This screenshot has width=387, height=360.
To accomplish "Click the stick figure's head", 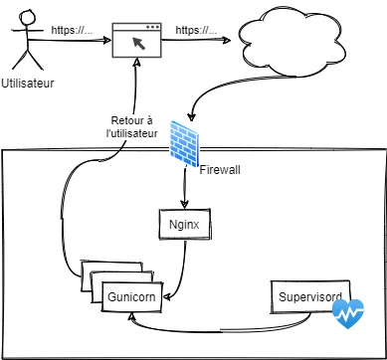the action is pyautogui.click(x=27, y=19).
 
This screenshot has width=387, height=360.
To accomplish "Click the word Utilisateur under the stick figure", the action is pyautogui.click(x=28, y=84).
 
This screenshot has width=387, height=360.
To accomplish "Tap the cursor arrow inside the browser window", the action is pyautogui.click(x=139, y=44).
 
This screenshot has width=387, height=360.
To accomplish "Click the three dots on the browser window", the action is pyautogui.click(x=152, y=27).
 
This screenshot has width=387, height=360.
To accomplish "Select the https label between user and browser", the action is pyautogui.click(x=72, y=31).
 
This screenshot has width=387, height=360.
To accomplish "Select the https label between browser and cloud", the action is pyautogui.click(x=196, y=31).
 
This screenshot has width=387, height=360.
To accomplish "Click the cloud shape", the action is pyautogui.click(x=292, y=42).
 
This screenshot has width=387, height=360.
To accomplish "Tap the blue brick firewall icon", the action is pyautogui.click(x=184, y=143).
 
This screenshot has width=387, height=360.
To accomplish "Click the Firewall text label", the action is pyautogui.click(x=220, y=170).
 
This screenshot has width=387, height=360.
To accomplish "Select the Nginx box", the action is pyautogui.click(x=185, y=225).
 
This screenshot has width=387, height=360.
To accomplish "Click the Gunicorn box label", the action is pyautogui.click(x=131, y=296).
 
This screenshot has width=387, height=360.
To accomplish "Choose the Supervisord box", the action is pyautogui.click(x=310, y=297).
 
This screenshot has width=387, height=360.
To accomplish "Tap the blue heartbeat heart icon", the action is pyautogui.click(x=348, y=313).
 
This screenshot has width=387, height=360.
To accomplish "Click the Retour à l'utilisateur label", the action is pyautogui.click(x=131, y=127).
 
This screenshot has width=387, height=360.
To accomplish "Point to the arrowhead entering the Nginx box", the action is pyautogui.click(x=184, y=204).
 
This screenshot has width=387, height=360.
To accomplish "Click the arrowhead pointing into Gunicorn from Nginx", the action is pyautogui.click(x=167, y=297).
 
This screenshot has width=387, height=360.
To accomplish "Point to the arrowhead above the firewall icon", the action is pyautogui.click(x=191, y=117).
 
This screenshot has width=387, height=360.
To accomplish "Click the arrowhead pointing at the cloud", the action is pyautogui.click(x=227, y=40).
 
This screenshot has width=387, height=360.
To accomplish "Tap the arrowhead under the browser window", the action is pyautogui.click(x=137, y=63).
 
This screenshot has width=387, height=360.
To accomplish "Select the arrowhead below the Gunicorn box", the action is pyautogui.click(x=132, y=316).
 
